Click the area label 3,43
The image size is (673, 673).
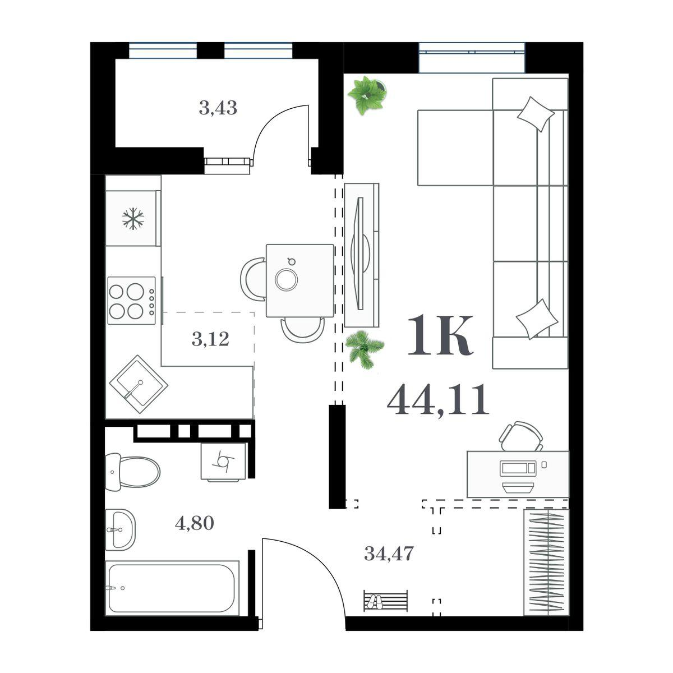[218, 107]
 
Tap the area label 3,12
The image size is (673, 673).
[210, 339]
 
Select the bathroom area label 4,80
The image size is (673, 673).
[195, 523]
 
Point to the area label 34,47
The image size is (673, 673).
[389, 554]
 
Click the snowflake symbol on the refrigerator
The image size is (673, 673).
[133, 218]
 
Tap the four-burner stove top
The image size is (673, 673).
[132, 300]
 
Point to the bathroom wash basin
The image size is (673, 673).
[120, 529]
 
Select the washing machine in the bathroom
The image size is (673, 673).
[223, 461]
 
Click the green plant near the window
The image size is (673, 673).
[367, 94]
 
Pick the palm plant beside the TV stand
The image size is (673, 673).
[364, 349]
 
